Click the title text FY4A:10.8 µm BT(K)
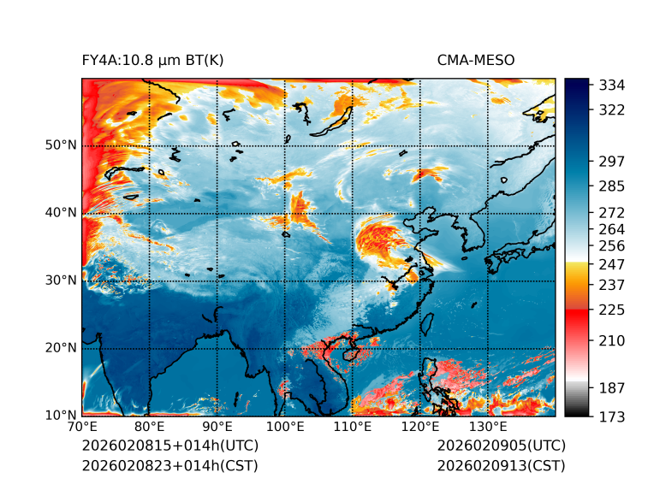pos(152,60)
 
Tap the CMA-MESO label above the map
pos(476,60)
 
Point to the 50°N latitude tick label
pos(61,145)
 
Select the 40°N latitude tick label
pos(61,212)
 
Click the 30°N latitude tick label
pos(61,280)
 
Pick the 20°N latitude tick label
pos(61,347)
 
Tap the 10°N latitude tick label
pos(61,415)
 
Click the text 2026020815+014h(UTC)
pos(169,446)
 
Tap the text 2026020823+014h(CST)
pos(169,466)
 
